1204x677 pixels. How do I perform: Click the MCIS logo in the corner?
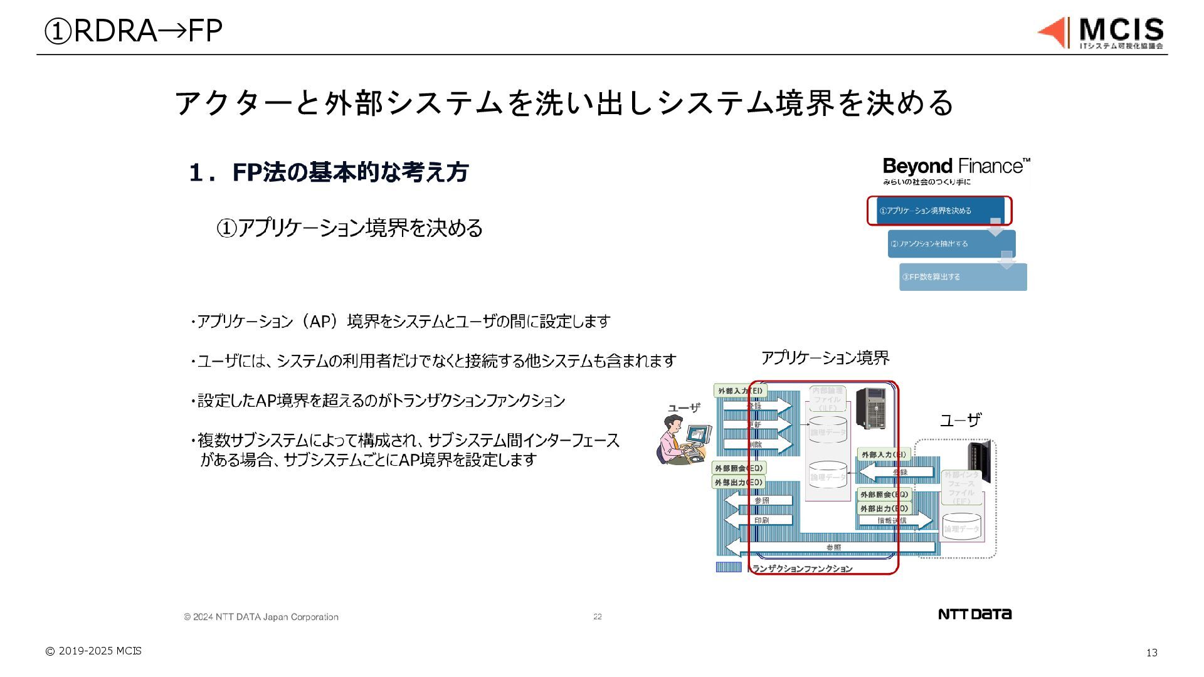(1101, 33)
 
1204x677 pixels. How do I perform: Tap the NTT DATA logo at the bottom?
(974, 614)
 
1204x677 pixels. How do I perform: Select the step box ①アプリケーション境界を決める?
(939, 211)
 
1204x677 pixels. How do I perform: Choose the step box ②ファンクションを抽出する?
(951, 244)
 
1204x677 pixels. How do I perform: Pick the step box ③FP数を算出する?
(963, 277)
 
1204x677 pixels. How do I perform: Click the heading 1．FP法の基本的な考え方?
(329, 172)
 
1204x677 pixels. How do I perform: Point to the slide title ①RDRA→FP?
(133, 31)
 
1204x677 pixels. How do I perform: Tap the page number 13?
(1151, 653)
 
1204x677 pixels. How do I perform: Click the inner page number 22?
(597, 617)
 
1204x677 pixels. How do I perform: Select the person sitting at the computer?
(684, 440)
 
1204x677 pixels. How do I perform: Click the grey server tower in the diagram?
(871, 407)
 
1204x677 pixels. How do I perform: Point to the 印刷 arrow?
(759, 520)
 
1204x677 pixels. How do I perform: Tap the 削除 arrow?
(758, 444)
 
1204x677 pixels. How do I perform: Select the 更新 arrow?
(758, 425)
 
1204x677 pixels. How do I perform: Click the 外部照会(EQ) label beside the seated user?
(739, 468)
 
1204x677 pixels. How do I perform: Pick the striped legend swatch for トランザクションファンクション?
(728, 567)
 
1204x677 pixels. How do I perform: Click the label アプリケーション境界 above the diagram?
(825, 358)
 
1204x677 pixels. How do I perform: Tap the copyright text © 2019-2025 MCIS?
(93, 651)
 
